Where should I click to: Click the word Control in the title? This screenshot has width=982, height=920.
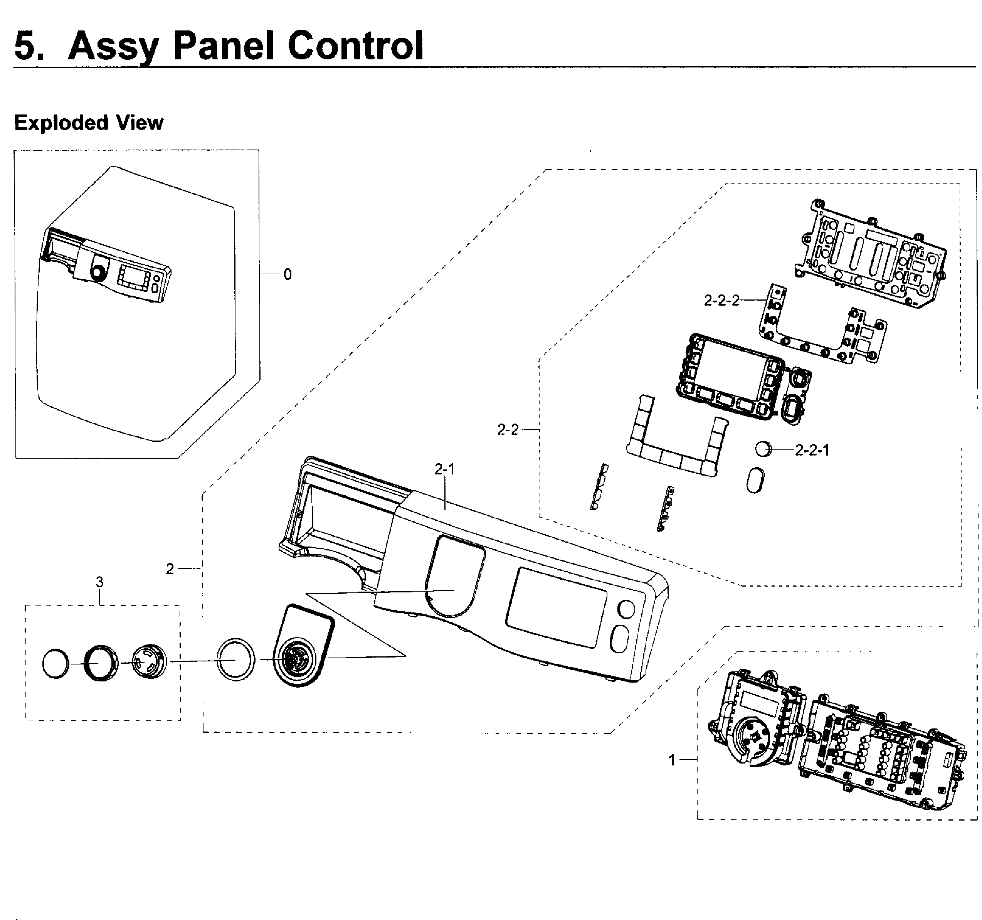(x=355, y=45)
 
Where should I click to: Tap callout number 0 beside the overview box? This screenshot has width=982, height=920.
(x=288, y=274)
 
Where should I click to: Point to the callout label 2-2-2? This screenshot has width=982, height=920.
(x=722, y=300)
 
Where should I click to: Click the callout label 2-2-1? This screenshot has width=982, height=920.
(x=812, y=450)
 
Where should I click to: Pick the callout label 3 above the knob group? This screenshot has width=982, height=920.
(x=100, y=582)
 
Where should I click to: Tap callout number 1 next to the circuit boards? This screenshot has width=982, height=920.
(x=672, y=760)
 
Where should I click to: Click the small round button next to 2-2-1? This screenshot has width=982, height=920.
(x=763, y=449)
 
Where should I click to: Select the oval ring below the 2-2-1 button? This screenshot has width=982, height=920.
(x=755, y=480)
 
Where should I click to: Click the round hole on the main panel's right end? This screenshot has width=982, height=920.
(x=626, y=609)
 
